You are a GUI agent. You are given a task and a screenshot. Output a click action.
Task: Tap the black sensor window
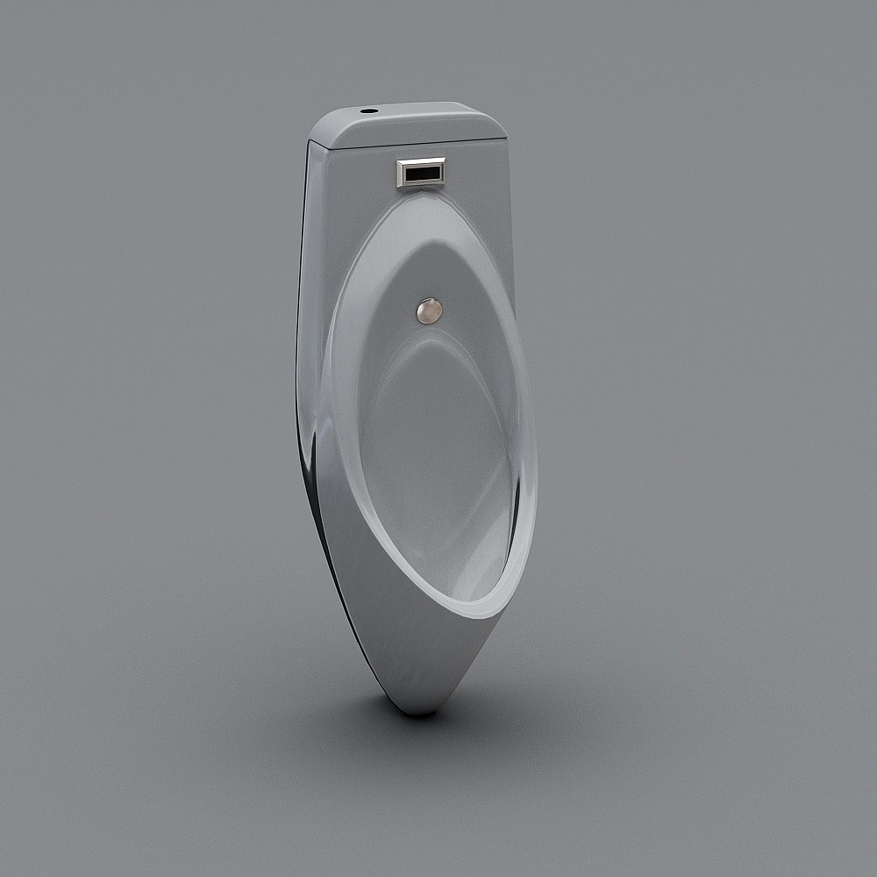click(422, 174)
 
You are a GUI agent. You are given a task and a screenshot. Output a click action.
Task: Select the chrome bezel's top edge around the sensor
click(421, 160)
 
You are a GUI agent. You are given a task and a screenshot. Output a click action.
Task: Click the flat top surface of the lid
click(412, 123)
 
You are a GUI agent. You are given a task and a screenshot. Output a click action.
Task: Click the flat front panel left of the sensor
click(351, 180)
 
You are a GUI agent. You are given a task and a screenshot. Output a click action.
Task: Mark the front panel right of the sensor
click(478, 175)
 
